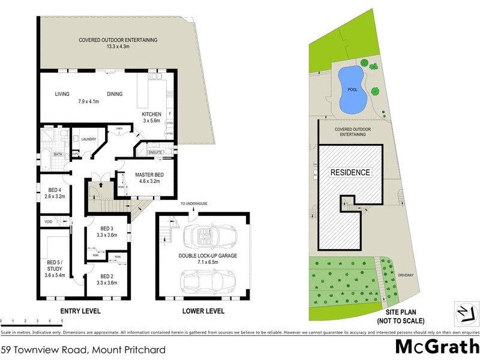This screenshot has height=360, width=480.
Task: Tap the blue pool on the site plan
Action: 352,90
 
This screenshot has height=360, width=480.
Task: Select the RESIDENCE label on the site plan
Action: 350,172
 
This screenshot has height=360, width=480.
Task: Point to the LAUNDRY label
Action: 88,140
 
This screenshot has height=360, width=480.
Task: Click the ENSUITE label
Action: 156,152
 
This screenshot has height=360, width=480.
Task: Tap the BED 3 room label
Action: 107,232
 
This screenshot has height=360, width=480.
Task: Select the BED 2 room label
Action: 107,278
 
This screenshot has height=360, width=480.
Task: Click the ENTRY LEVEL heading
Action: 80,311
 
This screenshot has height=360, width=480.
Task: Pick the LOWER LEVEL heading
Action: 204,311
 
